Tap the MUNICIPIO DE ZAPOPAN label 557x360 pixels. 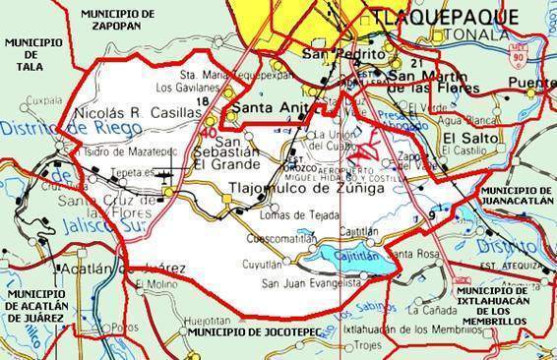pyautogui.click(x=119, y=20)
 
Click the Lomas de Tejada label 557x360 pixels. pyautogui.click(x=285, y=215)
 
